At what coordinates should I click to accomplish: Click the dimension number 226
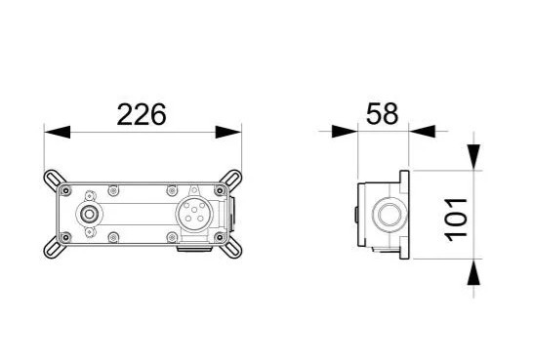coord(142,114)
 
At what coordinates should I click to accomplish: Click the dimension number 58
coord(382,113)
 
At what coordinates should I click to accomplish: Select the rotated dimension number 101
coord(456,220)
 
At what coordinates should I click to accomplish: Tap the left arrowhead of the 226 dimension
coord(57,132)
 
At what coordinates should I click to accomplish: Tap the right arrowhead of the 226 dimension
coord(228,132)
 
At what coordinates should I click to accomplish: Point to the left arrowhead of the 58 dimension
coord(345,131)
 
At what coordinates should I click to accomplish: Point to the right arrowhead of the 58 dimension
coord(422,131)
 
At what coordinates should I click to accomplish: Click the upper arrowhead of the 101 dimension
coord(473,157)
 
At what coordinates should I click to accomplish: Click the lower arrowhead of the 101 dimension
coord(473,271)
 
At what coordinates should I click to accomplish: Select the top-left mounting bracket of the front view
coord(54,179)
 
